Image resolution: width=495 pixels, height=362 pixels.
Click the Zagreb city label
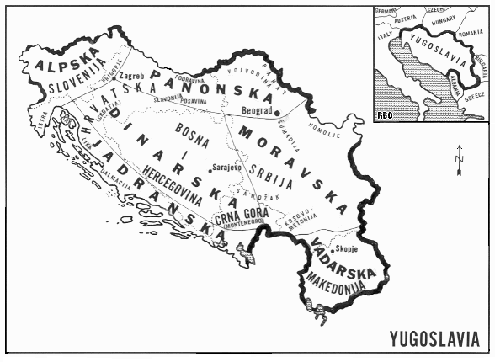click(133, 77)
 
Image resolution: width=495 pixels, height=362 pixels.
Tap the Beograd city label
click(258, 109)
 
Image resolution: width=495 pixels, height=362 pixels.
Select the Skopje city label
click(347, 250)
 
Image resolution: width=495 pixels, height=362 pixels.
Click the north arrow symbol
click(459, 160)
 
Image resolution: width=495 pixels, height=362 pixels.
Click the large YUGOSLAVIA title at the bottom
click(435, 339)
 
